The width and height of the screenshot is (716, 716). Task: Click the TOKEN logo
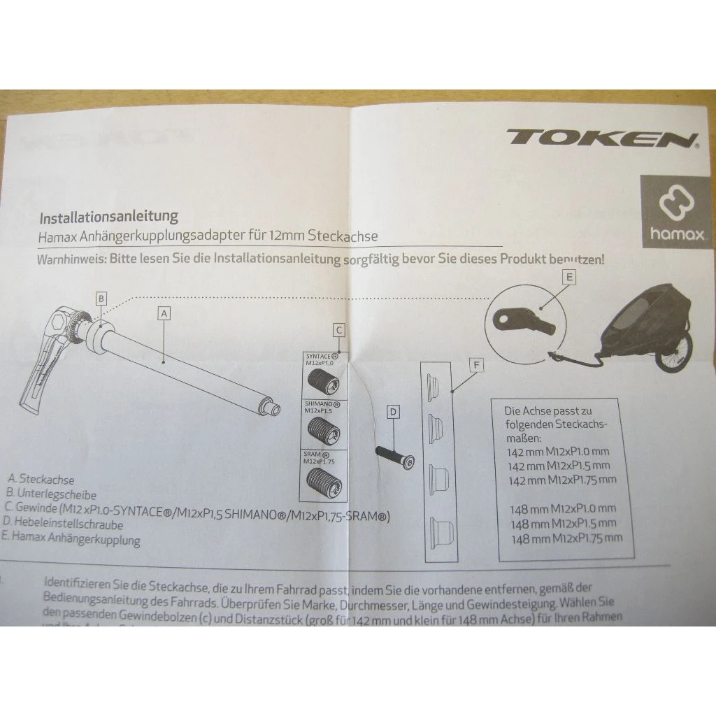[x=601, y=137]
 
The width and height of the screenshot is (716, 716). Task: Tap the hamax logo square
[x=677, y=211]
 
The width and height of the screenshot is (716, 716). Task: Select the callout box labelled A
[x=164, y=314]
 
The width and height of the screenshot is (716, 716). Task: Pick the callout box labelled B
[x=101, y=299]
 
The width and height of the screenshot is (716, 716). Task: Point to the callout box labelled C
[x=338, y=330]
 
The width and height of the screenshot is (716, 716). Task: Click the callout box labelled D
[x=393, y=413]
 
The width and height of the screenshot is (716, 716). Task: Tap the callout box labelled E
[x=571, y=278]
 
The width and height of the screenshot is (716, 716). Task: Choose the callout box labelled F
[x=476, y=365]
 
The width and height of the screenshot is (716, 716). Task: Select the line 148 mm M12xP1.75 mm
[x=566, y=538]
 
